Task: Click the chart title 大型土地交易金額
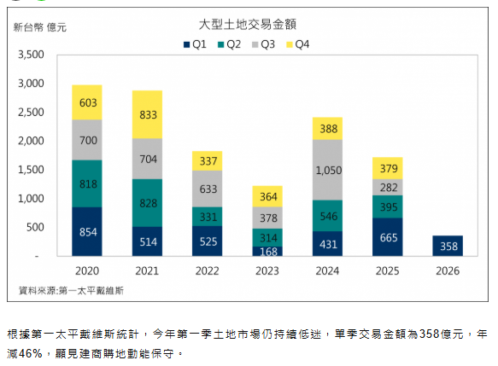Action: coord(248,25)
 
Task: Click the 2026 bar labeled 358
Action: coord(447,246)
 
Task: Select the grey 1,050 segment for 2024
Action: coord(327,170)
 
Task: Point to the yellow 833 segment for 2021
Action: coord(148,114)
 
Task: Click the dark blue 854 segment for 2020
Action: coord(87,231)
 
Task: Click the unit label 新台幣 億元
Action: coord(41,27)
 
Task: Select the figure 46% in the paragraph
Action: coord(31,352)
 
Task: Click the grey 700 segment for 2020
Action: coord(87,139)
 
